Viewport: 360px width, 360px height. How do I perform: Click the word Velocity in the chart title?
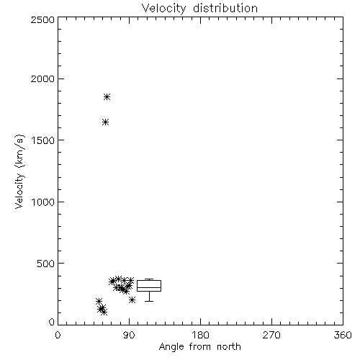[163, 9]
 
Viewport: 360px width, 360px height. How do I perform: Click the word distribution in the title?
[225, 8]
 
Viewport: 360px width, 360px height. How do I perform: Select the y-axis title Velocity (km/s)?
[19, 171]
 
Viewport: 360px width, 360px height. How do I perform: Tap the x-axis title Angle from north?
[199, 347]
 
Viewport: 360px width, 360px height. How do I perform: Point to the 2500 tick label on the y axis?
[42, 19]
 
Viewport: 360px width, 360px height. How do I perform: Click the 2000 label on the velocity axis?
[42, 78]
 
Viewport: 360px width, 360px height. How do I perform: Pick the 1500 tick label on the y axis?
[43, 140]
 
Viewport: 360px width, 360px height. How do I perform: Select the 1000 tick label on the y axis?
[43, 202]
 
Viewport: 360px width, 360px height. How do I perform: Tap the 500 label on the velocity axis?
[46, 264]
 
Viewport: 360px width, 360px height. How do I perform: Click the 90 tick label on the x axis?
[129, 335]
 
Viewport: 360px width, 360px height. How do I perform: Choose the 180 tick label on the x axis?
[200, 335]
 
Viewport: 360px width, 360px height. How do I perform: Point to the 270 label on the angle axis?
[271, 335]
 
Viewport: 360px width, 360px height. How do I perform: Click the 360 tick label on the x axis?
[343, 335]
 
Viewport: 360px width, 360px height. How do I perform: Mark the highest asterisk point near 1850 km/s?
[107, 97]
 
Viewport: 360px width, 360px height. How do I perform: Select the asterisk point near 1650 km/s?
[105, 122]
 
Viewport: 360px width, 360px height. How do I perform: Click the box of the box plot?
[149, 280]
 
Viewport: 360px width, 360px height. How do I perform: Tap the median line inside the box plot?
[149, 287]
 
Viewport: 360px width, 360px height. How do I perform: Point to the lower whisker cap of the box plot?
[149, 301]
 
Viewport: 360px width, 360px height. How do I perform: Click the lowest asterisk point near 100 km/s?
[104, 312]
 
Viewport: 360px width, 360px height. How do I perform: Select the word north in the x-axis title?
[229, 347]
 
